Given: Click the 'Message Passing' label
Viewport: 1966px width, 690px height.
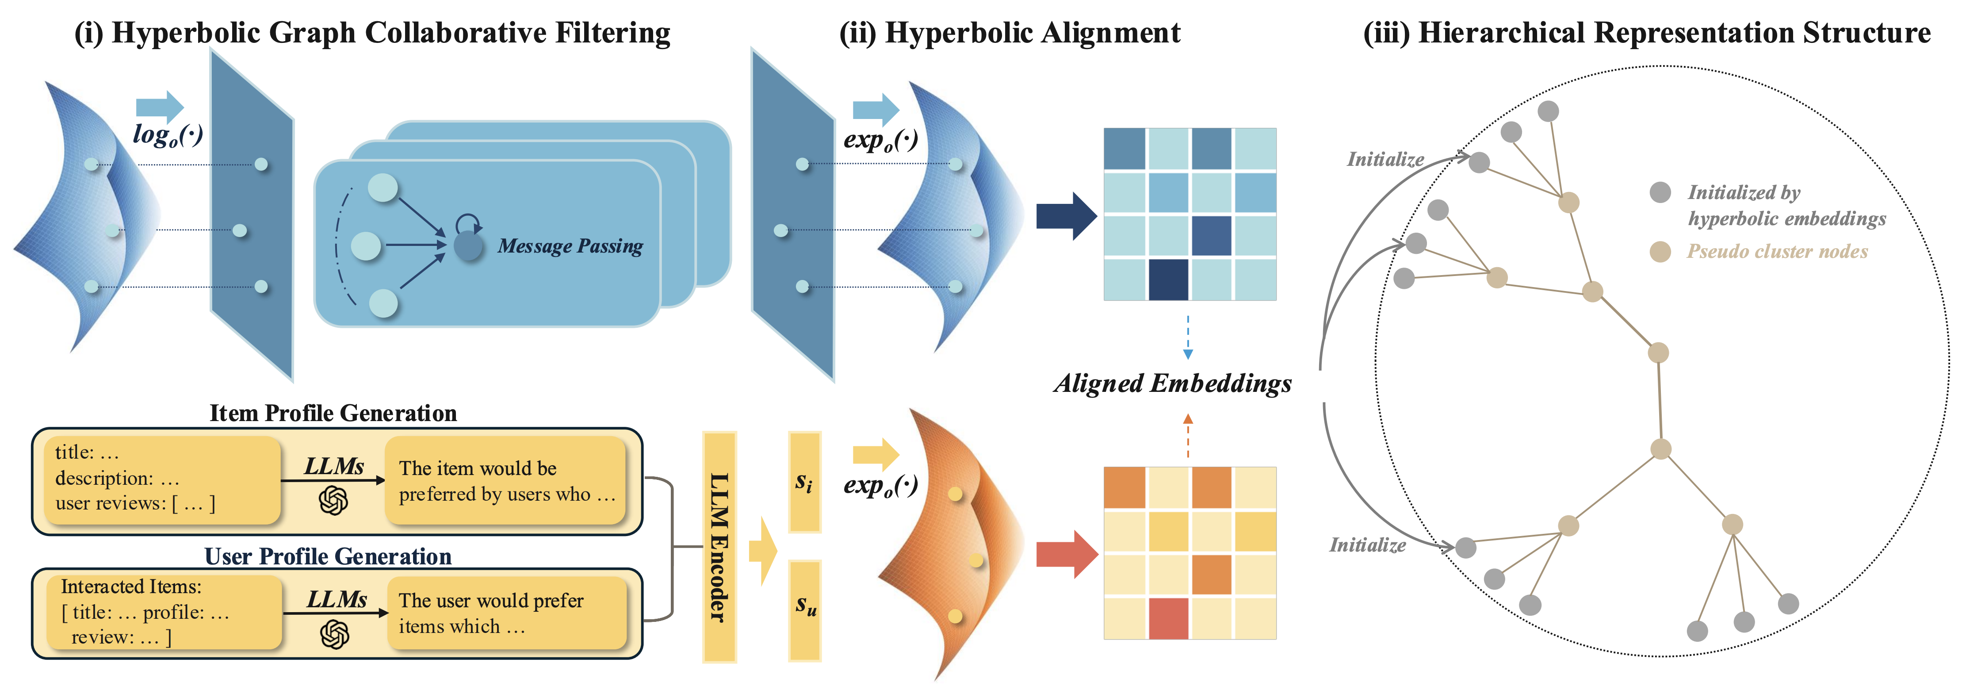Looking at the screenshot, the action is click(570, 246).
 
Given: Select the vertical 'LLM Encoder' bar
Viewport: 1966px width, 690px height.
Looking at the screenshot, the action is click(719, 547).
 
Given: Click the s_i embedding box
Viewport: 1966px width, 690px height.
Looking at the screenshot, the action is click(804, 482).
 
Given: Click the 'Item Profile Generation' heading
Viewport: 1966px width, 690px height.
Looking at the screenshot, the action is click(333, 413).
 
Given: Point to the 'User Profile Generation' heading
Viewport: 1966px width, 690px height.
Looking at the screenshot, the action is click(328, 556).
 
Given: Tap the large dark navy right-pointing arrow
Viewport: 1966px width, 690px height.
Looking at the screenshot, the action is click(1066, 217).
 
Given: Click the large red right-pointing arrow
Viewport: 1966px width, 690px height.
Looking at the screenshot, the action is click(1066, 554).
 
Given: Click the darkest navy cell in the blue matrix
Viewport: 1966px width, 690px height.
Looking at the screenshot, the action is click(1168, 280).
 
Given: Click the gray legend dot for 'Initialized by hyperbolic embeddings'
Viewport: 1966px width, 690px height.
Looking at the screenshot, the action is click(1660, 192).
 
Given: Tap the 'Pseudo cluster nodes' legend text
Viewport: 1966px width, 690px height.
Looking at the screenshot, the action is click(1778, 251).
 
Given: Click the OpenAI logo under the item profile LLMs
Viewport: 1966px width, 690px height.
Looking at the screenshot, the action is click(333, 501).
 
